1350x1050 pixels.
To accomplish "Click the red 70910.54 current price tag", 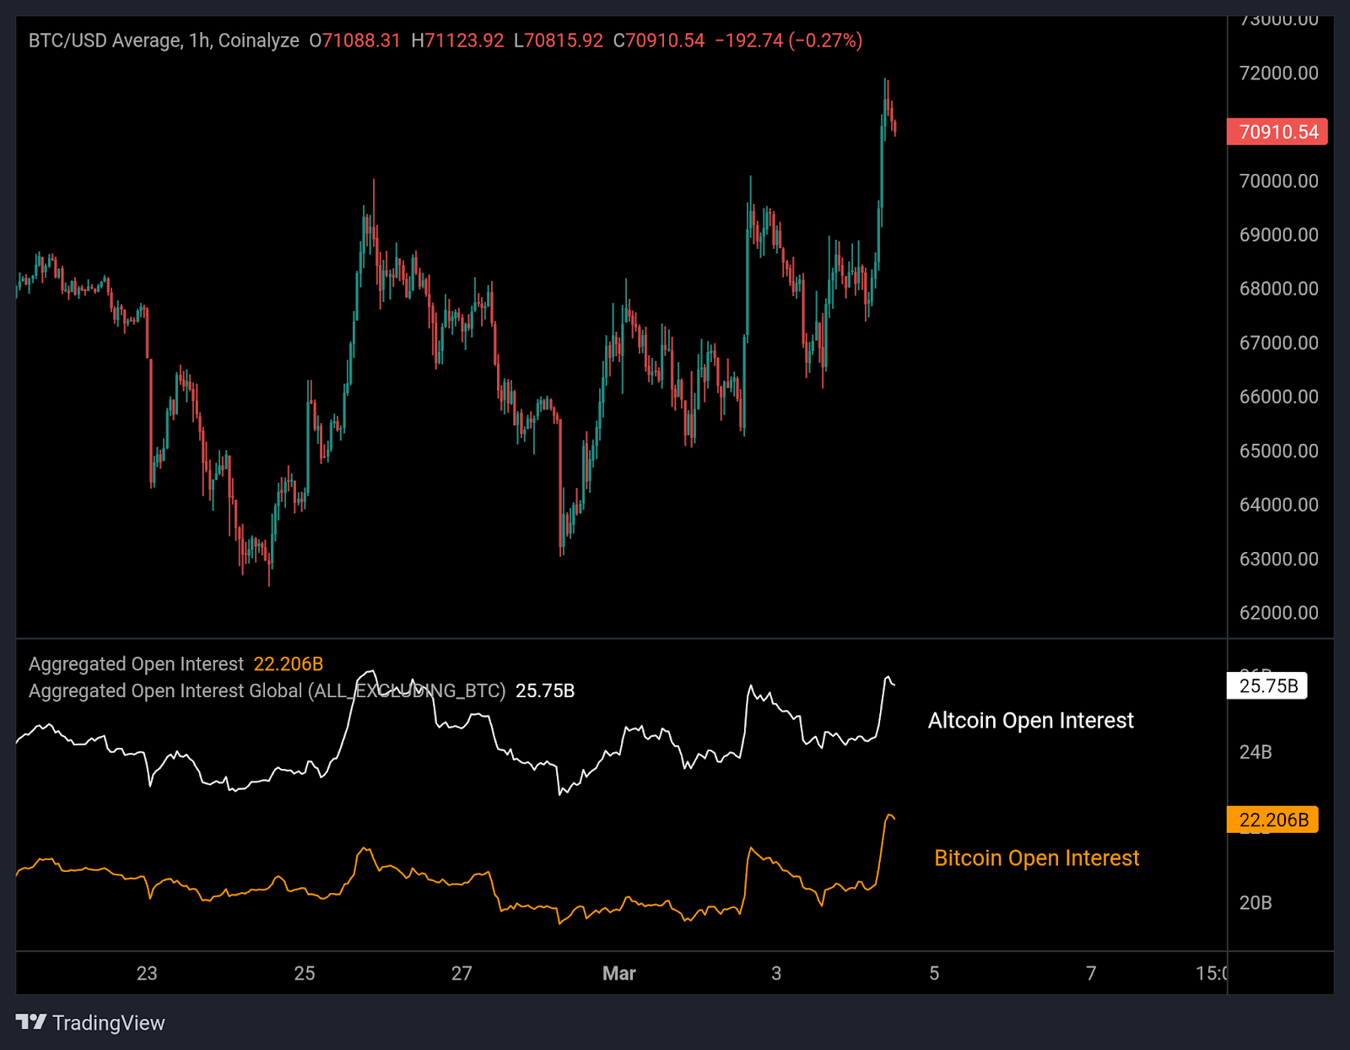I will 1277,132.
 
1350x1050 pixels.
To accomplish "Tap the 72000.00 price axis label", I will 1278,73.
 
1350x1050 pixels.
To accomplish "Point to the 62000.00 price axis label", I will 1278,613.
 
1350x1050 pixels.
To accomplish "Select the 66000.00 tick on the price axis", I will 1278,397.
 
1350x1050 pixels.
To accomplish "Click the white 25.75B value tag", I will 1267,685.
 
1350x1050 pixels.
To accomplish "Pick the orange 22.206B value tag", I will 1272,820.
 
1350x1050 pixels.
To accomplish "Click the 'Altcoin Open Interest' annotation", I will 1030,720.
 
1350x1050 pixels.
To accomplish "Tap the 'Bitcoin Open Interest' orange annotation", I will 1036,858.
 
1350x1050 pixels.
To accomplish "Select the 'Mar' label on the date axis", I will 618,973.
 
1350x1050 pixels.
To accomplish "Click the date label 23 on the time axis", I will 147,973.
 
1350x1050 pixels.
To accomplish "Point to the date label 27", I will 462,973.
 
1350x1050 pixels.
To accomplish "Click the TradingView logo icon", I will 31,1022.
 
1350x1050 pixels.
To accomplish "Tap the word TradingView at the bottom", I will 108,1023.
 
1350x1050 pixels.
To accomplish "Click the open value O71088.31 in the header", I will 354,41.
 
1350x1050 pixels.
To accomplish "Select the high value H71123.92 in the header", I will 457,41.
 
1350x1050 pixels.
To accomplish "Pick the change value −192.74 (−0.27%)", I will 788,41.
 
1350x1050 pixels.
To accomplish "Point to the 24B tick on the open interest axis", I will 1255,751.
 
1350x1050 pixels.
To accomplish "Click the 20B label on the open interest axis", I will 1255,902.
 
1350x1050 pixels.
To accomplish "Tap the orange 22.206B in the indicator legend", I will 288,664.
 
